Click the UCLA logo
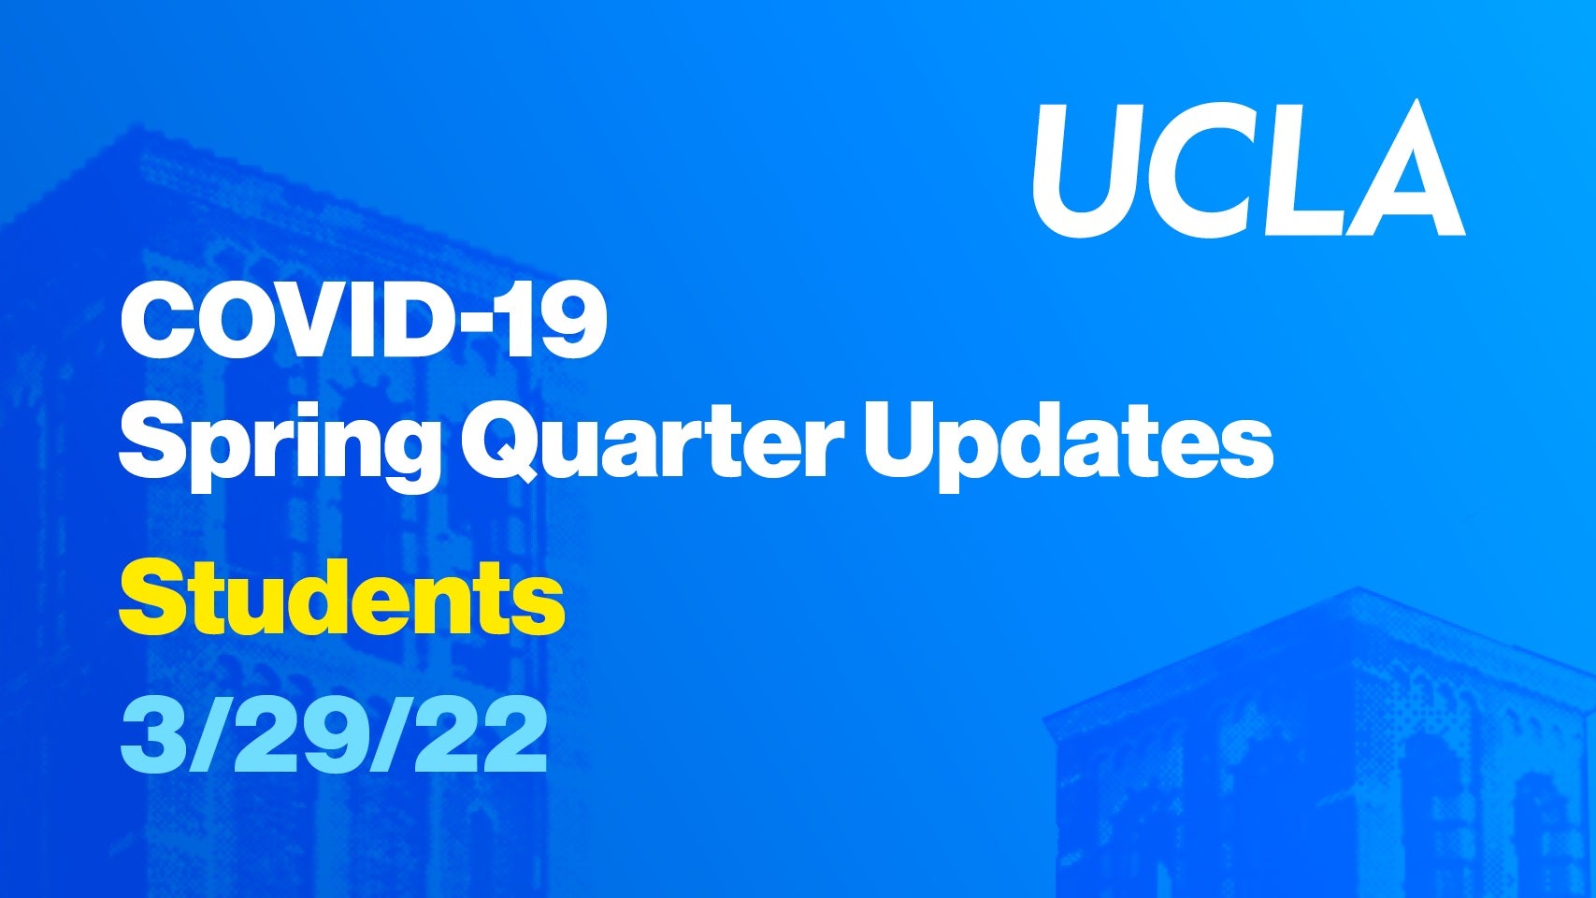[x=1248, y=170]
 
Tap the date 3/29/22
[x=334, y=737]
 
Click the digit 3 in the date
[x=151, y=737]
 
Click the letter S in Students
[x=153, y=597]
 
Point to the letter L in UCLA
[x=1294, y=169]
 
